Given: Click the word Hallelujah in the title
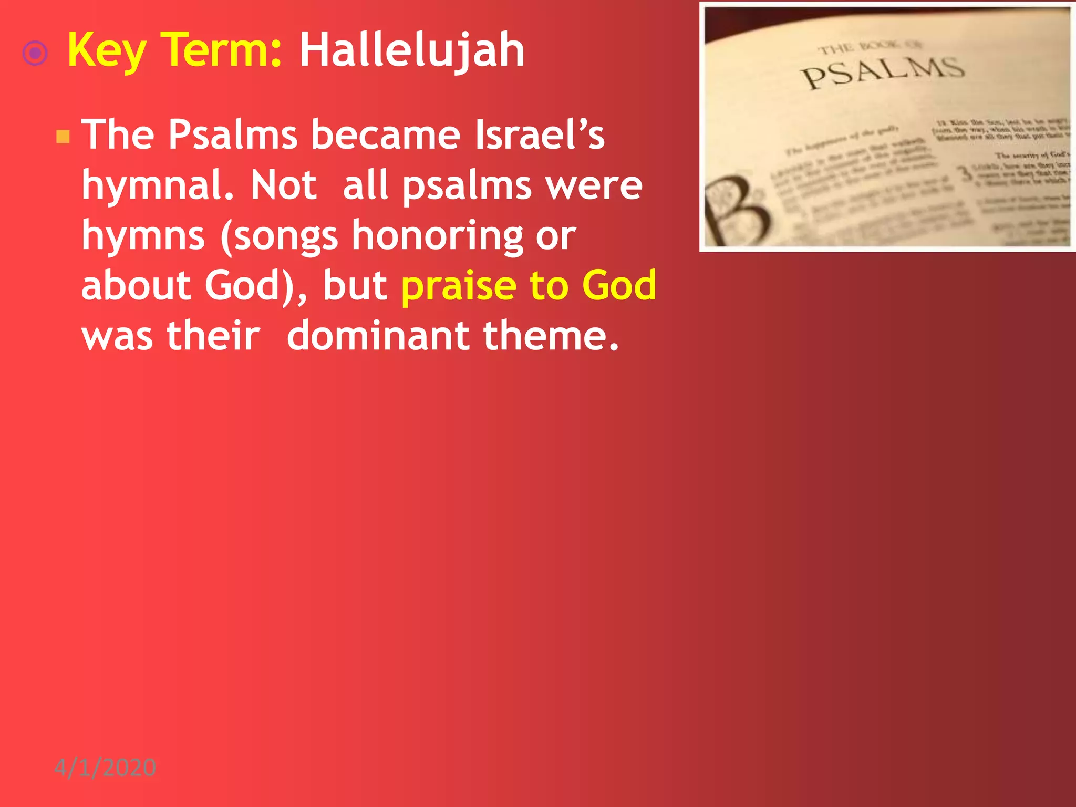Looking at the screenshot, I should click(x=411, y=50).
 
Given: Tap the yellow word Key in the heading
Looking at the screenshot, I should click(x=107, y=50).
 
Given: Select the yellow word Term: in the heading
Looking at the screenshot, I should click(x=221, y=50).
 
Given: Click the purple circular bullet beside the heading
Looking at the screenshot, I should click(x=35, y=53).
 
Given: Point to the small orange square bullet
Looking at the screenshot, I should click(x=63, y=137).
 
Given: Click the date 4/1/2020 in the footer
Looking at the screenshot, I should click(x=105, y=768).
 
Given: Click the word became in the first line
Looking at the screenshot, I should click(x=386, y=134).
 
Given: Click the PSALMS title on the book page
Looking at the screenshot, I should click(x=882, y=73).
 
